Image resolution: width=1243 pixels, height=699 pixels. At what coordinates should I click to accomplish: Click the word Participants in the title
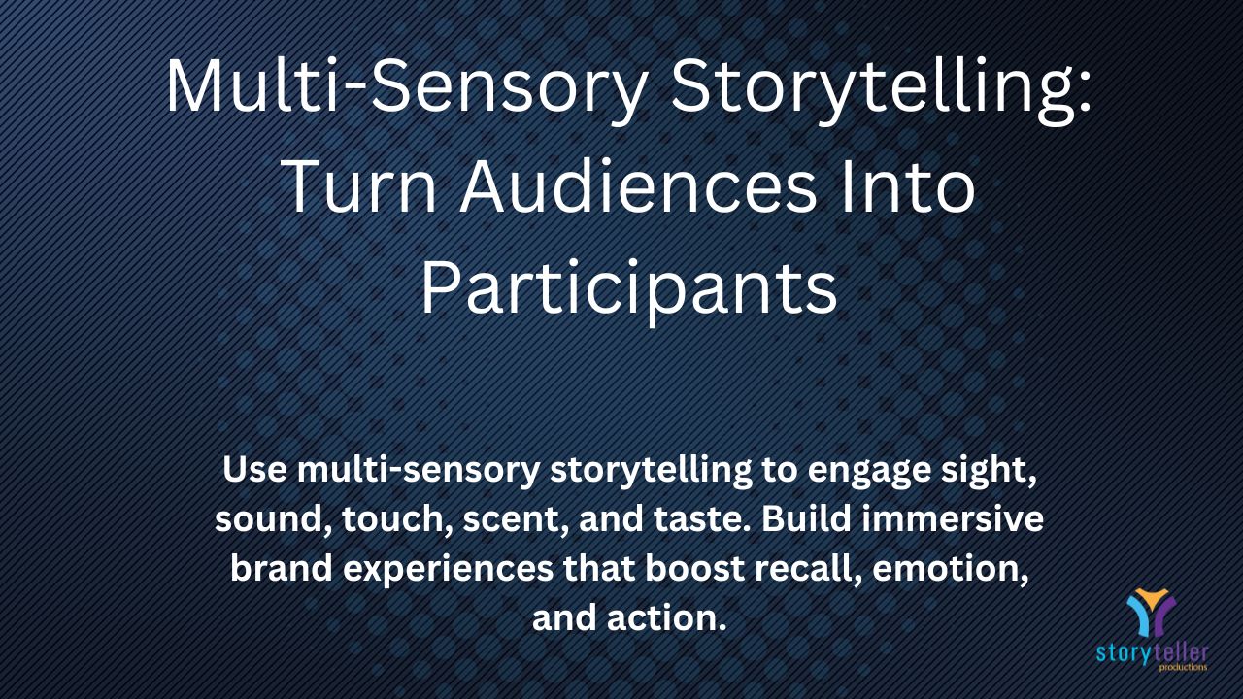tap(629, 289)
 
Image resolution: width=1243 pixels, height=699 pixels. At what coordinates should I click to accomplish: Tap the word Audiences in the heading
tap(638, 185)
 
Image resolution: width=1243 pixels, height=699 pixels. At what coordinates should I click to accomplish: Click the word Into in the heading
tap(908, 185)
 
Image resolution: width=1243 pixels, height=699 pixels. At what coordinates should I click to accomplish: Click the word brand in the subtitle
tap(282, 568)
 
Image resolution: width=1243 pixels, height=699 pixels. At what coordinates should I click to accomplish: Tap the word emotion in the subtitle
tap(951, 569)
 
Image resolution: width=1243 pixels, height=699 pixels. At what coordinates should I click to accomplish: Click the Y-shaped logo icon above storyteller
tap(1151, 613)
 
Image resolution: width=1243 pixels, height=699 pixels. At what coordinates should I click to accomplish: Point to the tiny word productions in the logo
tap(1183, 667)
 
